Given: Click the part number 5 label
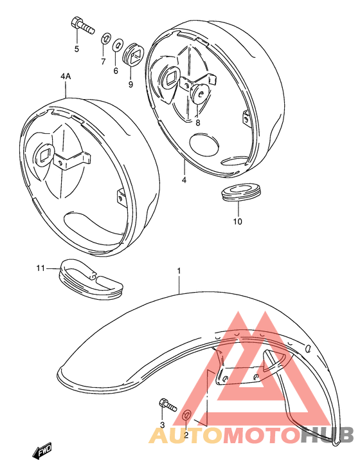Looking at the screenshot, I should coord(76,49).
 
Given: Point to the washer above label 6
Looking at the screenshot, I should coord(118,46).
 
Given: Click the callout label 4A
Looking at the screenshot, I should coord(66,77).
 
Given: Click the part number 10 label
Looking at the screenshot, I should coord(237,222).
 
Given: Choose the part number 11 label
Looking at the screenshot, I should coord(40,268).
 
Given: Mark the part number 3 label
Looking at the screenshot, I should coord(163,425).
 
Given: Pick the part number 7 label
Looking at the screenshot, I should coord(102,61).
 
